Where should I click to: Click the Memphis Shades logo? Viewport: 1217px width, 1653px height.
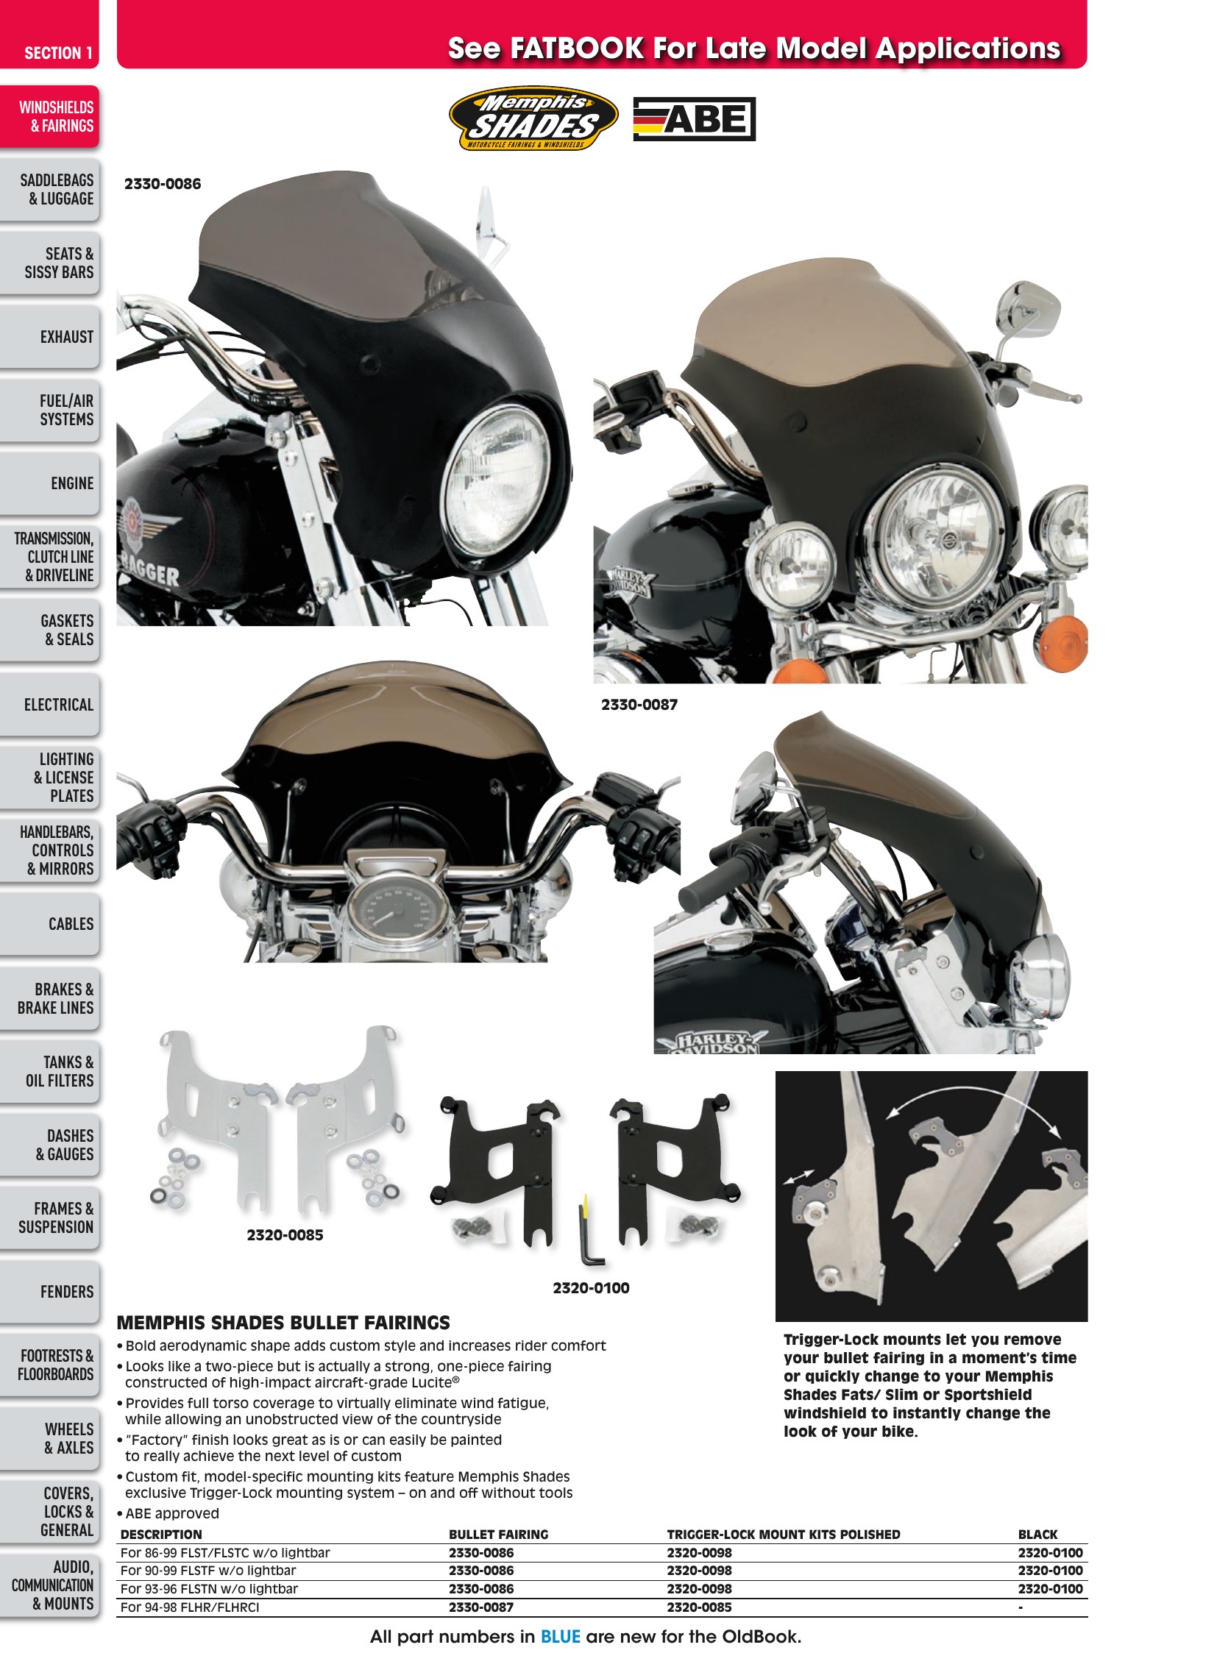point(533,118)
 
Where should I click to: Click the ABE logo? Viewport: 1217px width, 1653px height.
point(694,118)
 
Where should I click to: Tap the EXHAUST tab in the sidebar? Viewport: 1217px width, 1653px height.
point(49,337)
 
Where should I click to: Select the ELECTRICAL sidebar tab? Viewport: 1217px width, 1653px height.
point(49,704)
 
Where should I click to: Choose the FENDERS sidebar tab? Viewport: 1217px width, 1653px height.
point(49,1291)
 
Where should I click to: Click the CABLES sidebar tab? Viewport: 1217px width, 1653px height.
point(49,924)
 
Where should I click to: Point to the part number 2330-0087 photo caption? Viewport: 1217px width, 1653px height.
point(639,704)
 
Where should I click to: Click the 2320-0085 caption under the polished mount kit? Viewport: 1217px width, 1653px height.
point(284,1234)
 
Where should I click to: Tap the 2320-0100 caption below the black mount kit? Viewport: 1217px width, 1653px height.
point(591,1287)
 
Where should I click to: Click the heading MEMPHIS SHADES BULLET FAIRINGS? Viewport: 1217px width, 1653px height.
point(283,1322)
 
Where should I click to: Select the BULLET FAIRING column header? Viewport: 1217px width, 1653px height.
point(499,1535)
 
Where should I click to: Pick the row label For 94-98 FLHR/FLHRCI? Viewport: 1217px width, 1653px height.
point(190,1607)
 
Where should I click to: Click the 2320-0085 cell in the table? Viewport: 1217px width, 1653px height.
point(699,1607)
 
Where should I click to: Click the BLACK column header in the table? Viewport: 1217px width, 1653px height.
point(1037,1535)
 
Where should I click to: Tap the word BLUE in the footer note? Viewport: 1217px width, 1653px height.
point(560,1637)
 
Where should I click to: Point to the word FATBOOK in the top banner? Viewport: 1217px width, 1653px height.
point(577,49)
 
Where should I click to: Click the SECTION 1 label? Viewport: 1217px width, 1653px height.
point(58,53)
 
